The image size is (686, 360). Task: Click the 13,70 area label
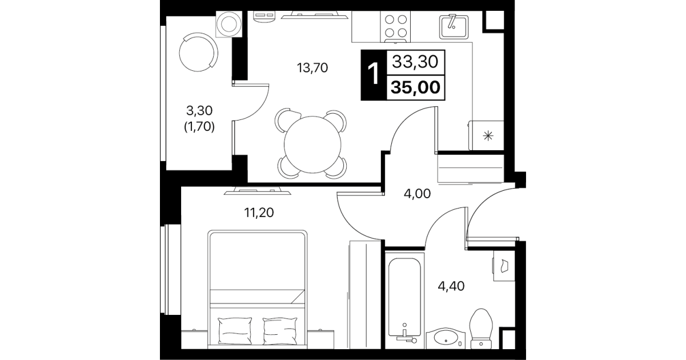pyautogui.click(x=312, y=68)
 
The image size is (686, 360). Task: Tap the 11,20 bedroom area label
pyautogui.click(x=259, y=213)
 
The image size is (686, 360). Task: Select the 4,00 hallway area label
pyautogui.click(x=417, y=194)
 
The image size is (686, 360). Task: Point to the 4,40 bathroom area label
pyautogui.click(x=451, y=286)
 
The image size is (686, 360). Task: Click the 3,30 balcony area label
pyautogui.click(x=199, y=111)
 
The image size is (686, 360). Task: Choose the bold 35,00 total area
pyautogui.click(x=416, y=87)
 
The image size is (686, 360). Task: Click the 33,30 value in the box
pyautogui.click(x=416, y=62)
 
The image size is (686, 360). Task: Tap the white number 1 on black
pyautogui.click(x=374, y=74)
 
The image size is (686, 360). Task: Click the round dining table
pyautogui.click(x=312, y=145)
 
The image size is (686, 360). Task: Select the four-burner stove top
pyautogui.click(x=395, y=26)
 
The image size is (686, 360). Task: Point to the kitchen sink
pyautogui.click(x=454, y=27)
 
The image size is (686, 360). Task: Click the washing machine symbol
pyautogui.click(x=229, y=24)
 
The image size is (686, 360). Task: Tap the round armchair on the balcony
pyautogui.click(x=198, y=52)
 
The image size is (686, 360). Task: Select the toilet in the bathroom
pyautogui.click(x=481, y=329)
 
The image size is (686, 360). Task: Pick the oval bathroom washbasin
pyautogui.click(x=446, y=338)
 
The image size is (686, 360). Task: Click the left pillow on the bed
pyautogui.click(x=235, y=331)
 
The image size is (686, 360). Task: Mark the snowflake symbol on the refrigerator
pyautogui.click(x=488, y=136)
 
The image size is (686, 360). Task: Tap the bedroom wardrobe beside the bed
pyautogui.click(x=365, y=294)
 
